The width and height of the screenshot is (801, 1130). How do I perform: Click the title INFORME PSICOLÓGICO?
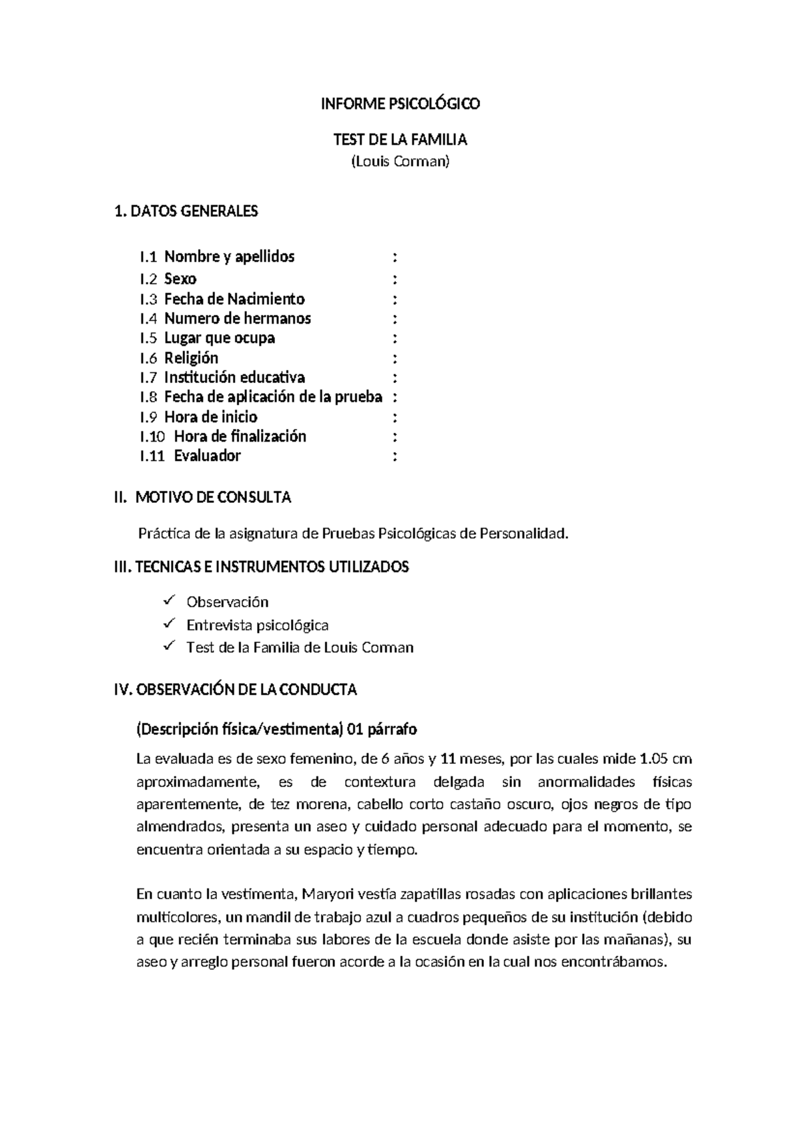pos(400,104)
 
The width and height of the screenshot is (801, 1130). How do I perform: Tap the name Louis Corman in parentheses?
pos(400,161)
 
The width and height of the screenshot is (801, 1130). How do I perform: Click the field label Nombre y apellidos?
pos(229,257)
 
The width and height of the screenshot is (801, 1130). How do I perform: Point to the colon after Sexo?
pos(396,279)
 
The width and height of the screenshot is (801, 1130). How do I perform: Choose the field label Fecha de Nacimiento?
pos(234,299)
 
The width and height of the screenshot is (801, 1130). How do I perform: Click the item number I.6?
pos(148,358)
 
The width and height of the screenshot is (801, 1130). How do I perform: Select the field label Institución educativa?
pos(234,378)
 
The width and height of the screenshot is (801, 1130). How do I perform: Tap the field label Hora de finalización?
pos(240,437)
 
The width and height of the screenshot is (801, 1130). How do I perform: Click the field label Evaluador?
pos(207,456)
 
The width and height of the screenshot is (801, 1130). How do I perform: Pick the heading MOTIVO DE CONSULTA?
pos(213,498)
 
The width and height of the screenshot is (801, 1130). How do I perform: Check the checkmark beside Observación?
pos(169,601)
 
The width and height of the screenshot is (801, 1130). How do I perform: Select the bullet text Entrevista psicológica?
pos(257,626)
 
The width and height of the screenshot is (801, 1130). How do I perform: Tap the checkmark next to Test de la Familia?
pos(169,646)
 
